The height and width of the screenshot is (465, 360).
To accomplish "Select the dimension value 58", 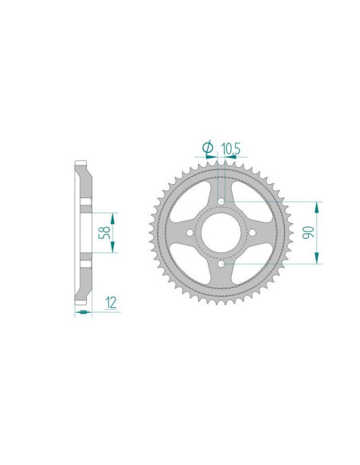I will [102, 233].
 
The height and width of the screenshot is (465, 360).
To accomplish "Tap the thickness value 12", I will [111, 301].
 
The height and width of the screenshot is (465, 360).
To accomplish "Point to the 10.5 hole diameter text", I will [232, 147].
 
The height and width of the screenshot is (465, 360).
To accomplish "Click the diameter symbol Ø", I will [207, 147].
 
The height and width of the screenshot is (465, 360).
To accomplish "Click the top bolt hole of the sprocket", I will [220, 202].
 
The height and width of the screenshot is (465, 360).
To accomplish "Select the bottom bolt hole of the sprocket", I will [220, 263].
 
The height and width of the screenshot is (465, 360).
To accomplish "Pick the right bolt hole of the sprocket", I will [250, 232].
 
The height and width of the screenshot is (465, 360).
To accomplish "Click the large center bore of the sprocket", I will [220, 232].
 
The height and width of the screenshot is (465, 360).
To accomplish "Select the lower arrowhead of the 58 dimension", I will [112, 248].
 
